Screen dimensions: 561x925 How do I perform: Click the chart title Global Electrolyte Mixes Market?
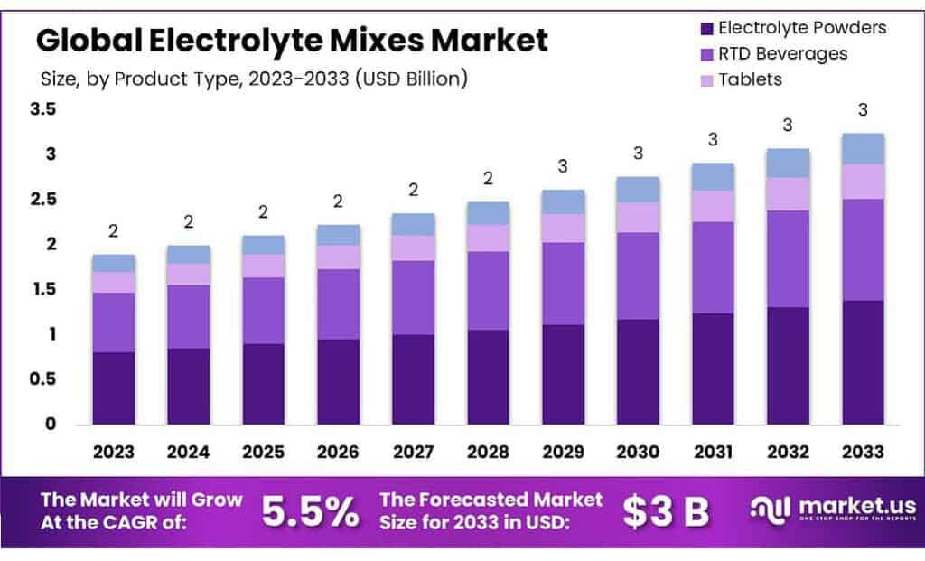tap(292, 40)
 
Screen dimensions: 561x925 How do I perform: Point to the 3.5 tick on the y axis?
tap(42, 109)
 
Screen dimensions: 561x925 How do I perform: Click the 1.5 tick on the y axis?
tap(42, 289)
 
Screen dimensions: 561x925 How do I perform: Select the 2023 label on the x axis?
tap(113, 451)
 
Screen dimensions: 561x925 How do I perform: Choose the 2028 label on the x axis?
tap(488, 451)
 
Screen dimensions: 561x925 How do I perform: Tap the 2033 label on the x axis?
tap(862, 451)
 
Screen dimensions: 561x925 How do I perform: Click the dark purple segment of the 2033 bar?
tap(862, 361)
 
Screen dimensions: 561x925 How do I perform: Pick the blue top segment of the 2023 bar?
tap(113, 263)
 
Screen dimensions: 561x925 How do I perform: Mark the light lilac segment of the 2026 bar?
tap(338, 257)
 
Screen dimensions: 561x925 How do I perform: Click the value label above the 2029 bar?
tap(563, 166)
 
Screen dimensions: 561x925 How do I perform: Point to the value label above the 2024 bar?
tap(188, 221)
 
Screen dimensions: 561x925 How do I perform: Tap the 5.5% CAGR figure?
tap(309, 512)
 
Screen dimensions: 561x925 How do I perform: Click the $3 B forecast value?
tap(667, 512)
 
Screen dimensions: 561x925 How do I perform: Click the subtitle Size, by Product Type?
tap(254, 79)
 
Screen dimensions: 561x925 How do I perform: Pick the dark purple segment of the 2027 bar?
tap(413, 379)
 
